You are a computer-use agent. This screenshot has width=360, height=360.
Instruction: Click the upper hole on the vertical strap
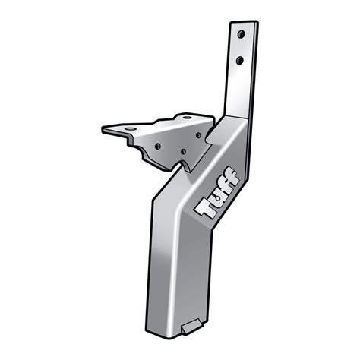click(x=241, y=35)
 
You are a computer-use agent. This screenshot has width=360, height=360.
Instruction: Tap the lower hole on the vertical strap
click(x=239, y=60)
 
